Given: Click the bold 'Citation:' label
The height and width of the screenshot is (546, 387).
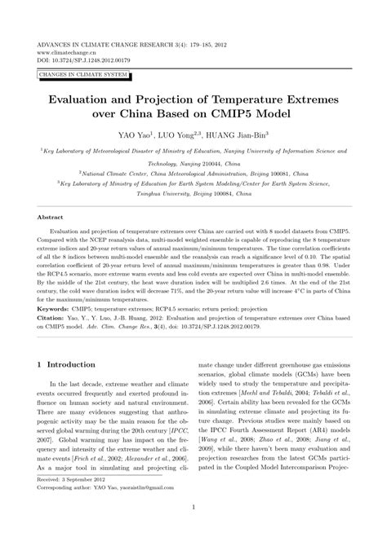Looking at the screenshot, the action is (x=54, y=341).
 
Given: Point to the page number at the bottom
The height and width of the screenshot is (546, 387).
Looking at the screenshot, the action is (x=193, y=531).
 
